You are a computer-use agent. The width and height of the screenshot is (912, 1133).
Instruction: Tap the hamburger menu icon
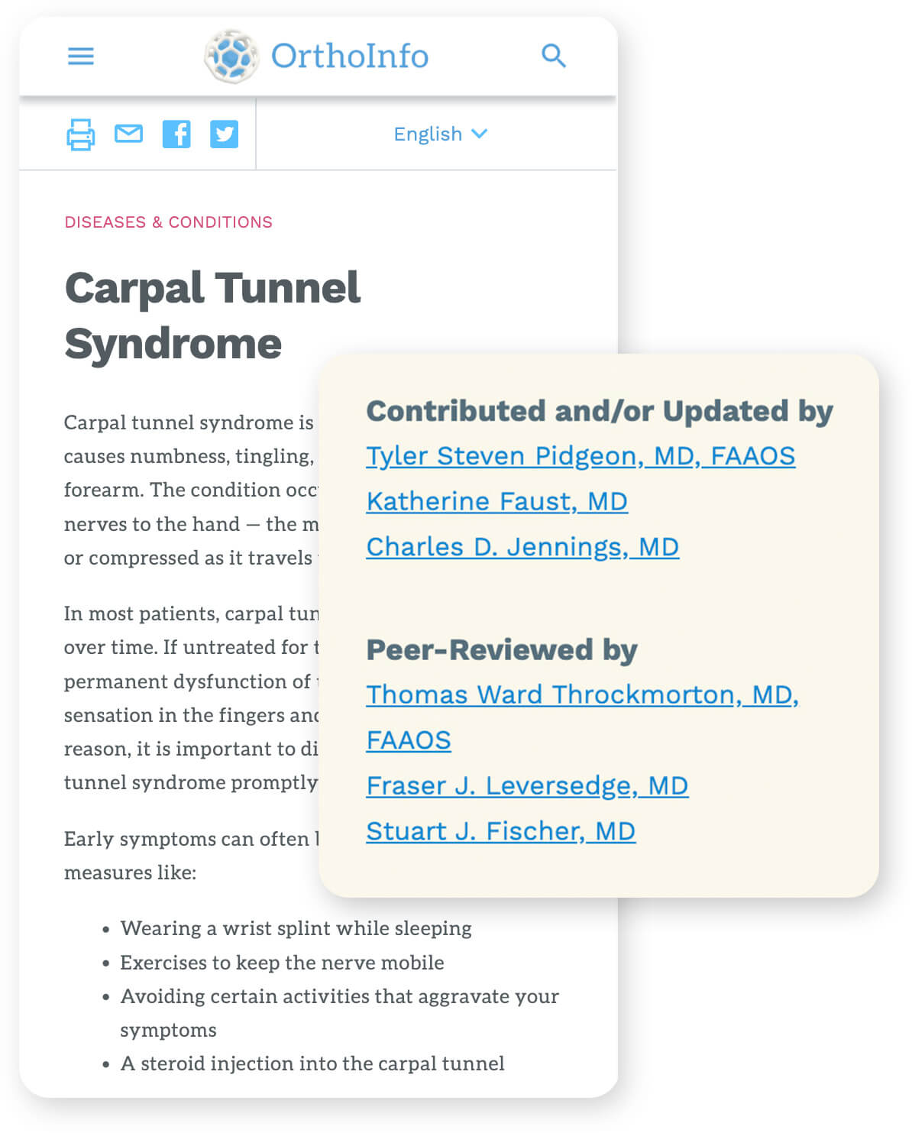tap(81, 56)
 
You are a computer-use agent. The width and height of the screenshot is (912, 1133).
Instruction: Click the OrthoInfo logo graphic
tap(231, 56)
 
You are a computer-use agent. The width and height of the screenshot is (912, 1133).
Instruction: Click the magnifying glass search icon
tap(553, 56)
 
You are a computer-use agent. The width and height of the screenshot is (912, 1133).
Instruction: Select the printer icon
tap(81, 134)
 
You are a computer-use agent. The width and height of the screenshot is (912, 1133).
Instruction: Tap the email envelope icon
tap(128, 134)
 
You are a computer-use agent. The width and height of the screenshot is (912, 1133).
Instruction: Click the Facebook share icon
tap(176, 134)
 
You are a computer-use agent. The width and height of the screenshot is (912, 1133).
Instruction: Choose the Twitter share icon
tap(224, 134)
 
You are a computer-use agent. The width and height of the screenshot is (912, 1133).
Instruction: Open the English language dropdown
tap(440, 134)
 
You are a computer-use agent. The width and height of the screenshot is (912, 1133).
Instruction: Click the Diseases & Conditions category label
tap(168, 222)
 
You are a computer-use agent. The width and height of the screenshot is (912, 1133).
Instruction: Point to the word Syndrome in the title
tap(173, 343)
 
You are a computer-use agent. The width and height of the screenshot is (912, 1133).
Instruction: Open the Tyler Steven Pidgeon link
tap(581, 456)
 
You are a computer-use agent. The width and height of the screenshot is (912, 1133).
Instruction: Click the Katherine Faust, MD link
tap(496, 502)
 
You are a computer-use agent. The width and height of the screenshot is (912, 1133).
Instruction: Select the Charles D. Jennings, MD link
tap(522, 547)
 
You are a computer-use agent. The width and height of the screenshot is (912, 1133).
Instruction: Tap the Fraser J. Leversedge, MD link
tap(527, 786)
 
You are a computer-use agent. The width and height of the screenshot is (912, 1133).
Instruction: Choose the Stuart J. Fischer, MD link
tap(500, 831)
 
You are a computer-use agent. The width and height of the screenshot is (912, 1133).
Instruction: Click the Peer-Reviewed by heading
tap(502, 649)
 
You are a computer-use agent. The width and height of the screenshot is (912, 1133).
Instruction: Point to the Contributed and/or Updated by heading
tap(600, 411)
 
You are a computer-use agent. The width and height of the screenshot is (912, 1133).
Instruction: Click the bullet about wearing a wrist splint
tap(296, 928)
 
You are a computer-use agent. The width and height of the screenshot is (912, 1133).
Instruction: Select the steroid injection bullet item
tap(312, 1063)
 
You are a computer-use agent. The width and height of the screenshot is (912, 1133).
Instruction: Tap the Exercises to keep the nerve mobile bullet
tap(282, 963)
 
